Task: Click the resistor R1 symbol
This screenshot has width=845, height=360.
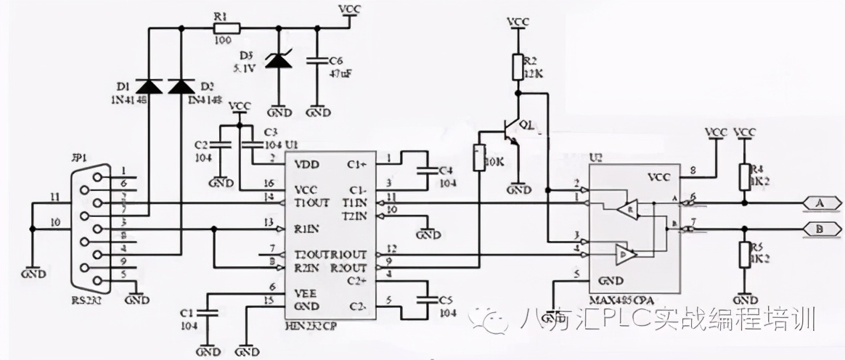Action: coord(223,28)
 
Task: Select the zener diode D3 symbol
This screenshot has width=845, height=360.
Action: coord(278,60)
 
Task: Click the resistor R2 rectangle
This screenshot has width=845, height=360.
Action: coord(517,66)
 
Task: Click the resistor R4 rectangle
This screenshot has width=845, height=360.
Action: coord(743,176)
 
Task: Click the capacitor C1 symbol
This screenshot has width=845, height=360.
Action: coord(207,313)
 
